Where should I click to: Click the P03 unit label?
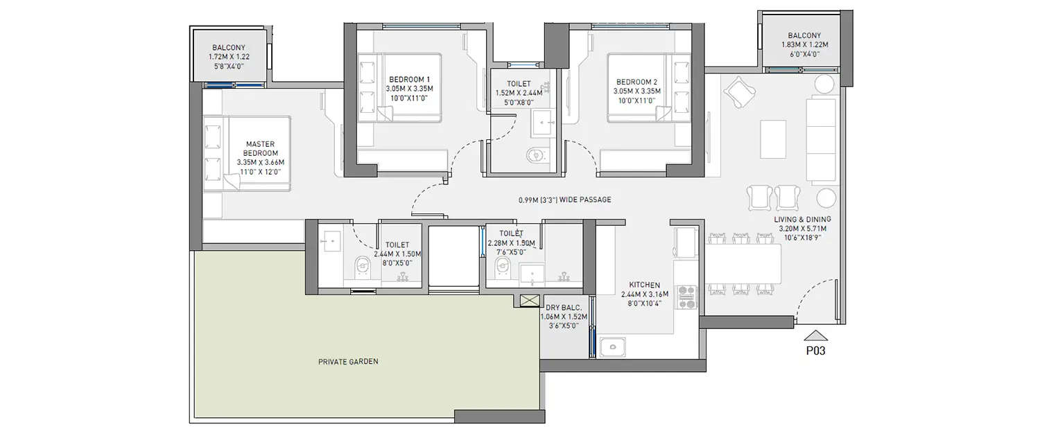[815, 351]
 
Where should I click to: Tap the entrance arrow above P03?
[815, 335]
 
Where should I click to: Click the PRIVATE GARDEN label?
[348, 362]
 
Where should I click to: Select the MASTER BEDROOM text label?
[261, 153]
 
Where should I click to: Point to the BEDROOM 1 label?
[409, 89]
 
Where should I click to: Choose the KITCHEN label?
[644, 285]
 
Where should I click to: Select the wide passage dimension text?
[564, 200]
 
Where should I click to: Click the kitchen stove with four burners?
[686, 297]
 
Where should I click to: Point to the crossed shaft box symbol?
[528, 301]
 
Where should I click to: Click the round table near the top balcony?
[824, 85]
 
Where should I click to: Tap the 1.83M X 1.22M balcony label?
[804, 44]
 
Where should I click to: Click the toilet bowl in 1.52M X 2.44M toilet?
[535, 156]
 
